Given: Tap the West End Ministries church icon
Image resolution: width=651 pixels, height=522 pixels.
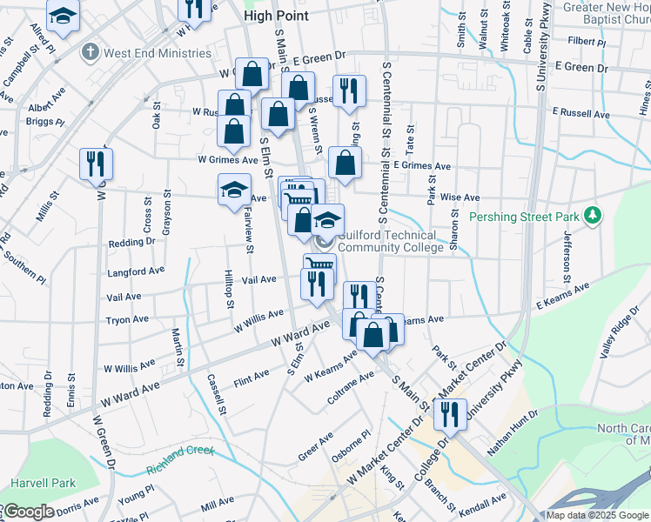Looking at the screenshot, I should pyautogui.click(x=90, y=53).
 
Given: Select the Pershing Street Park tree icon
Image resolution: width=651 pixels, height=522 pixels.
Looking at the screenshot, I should pyautogui.click(x=593, y=214).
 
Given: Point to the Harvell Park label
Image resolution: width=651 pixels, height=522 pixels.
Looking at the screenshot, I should pyautogui.click(x=43, y=483).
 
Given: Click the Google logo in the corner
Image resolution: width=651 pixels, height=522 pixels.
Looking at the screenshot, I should pyautogui.click(x=28, y=512).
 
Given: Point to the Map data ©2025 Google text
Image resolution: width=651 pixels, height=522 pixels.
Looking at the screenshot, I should pyautogui.click(x=597, y=515).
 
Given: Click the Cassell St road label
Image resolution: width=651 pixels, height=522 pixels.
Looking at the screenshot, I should pyautogui.click(x=217, y=394).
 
